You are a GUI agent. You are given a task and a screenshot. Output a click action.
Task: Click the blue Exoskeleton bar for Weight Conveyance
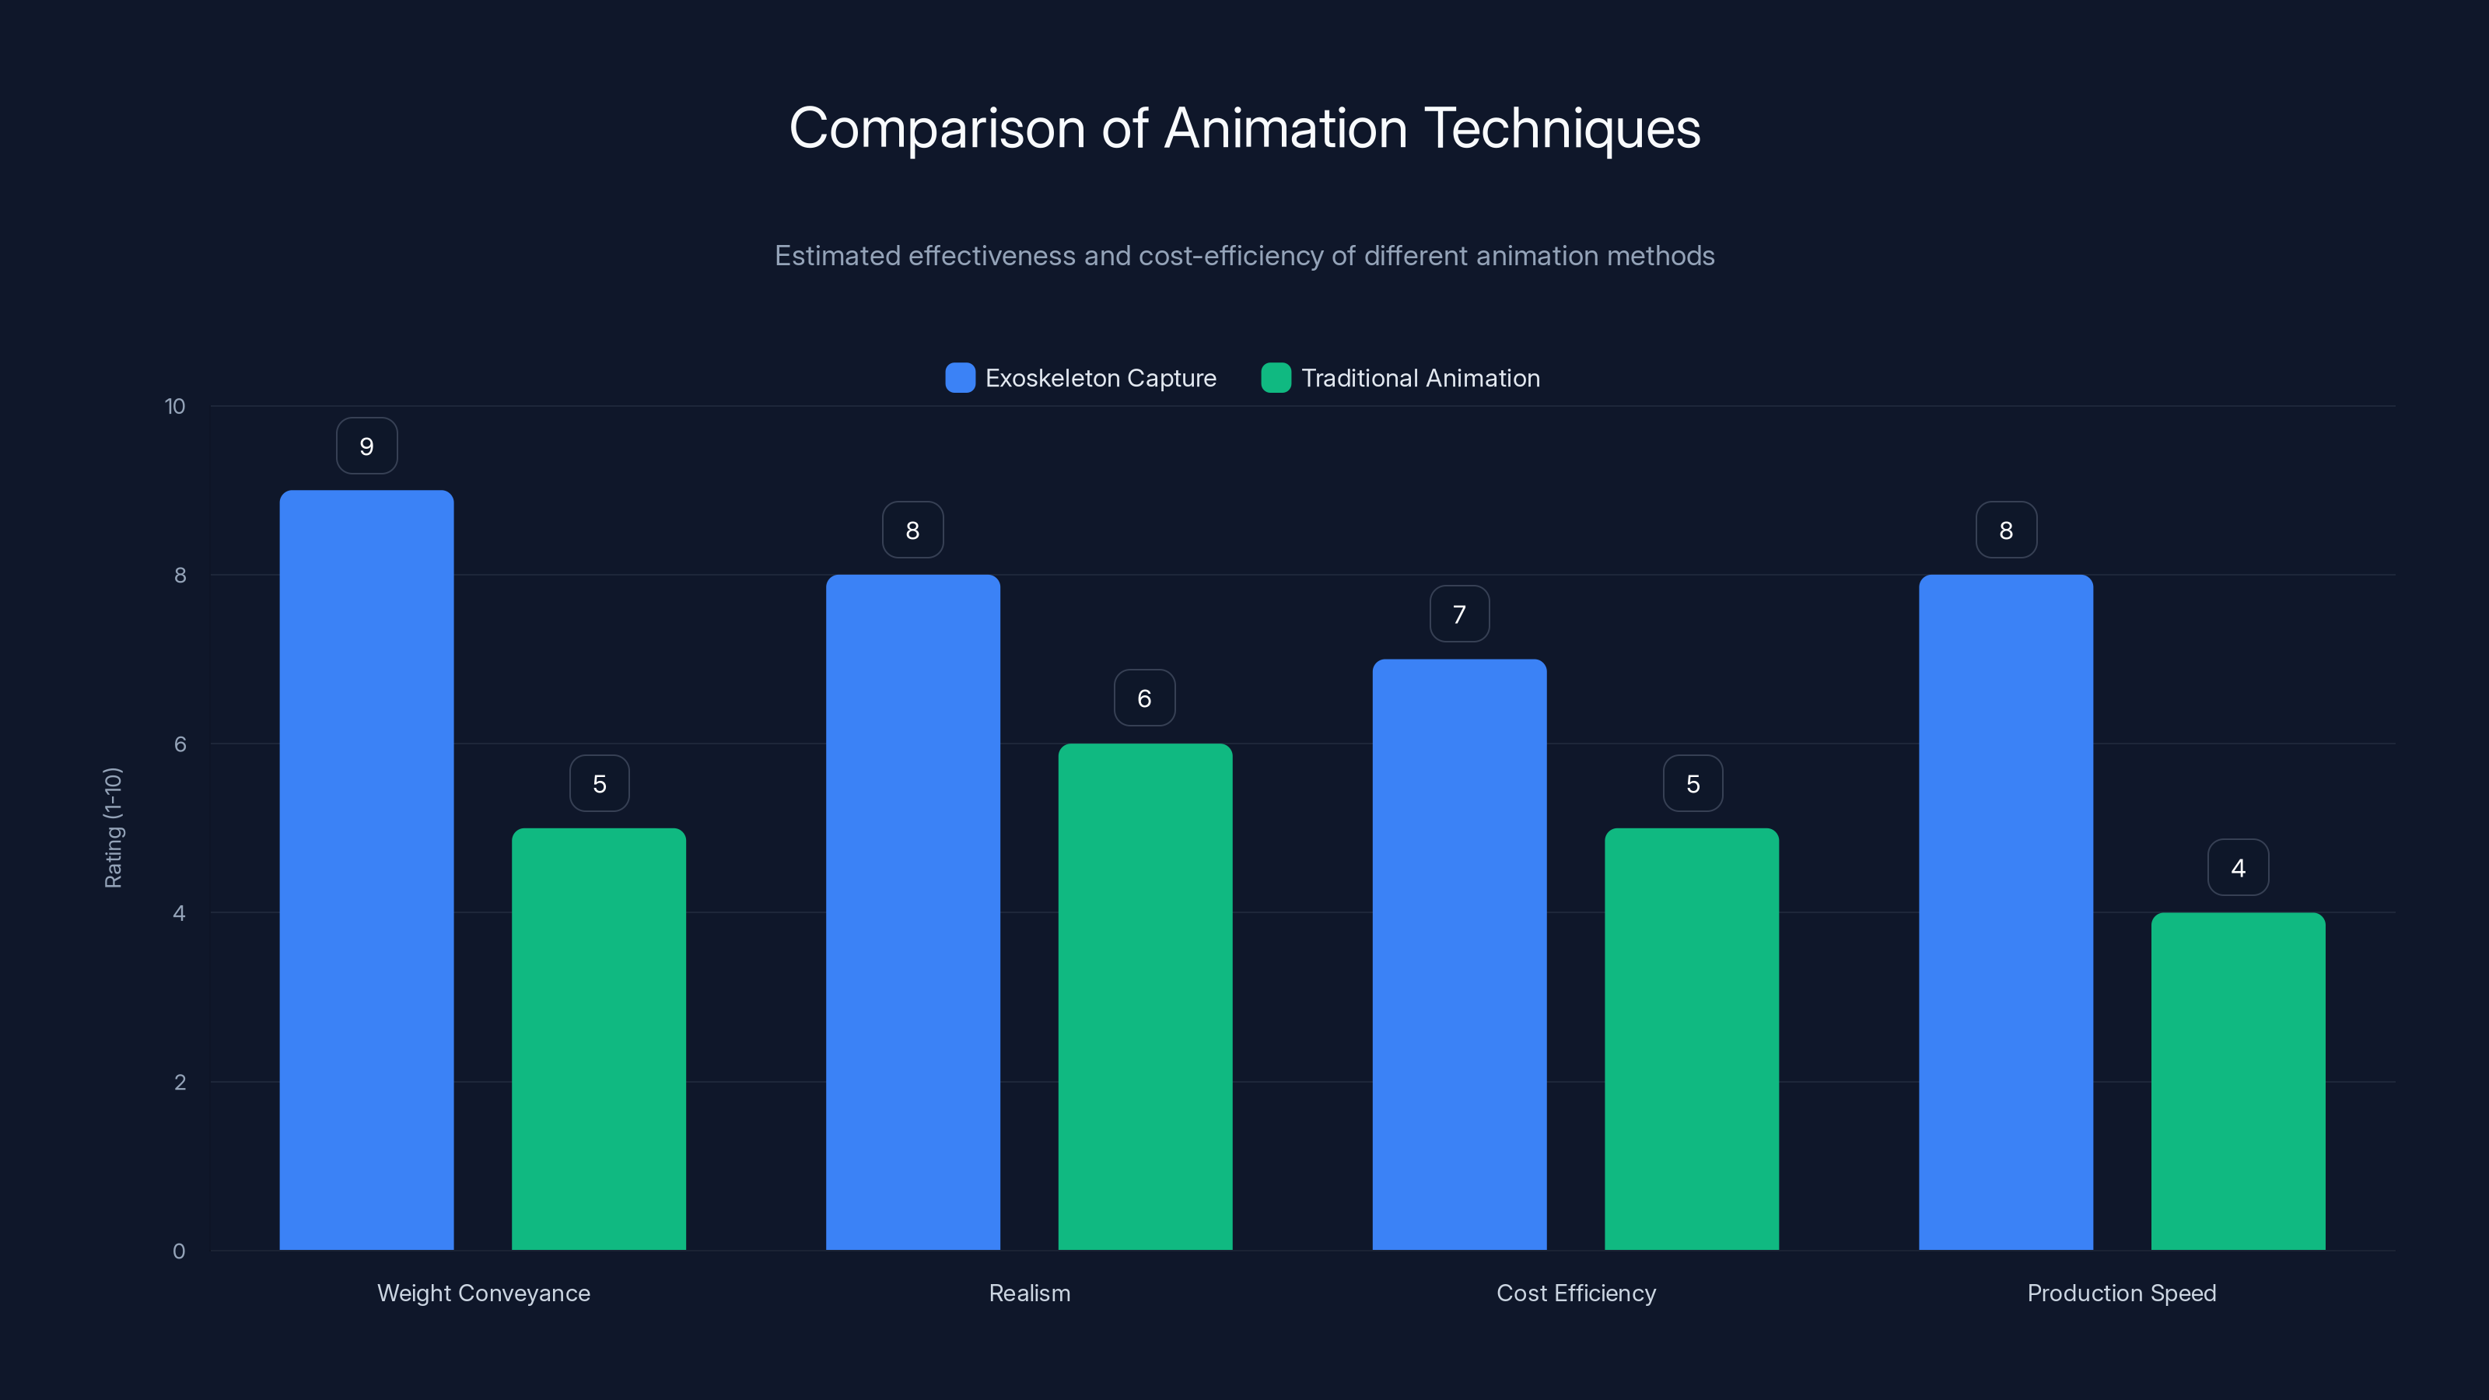366,870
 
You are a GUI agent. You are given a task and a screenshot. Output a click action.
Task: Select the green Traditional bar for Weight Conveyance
598,1038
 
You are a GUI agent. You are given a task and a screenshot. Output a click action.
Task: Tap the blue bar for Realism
912,912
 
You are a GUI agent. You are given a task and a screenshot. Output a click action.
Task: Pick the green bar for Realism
1145,996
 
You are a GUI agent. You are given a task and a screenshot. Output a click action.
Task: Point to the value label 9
366,446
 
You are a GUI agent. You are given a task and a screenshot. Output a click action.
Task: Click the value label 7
1459,614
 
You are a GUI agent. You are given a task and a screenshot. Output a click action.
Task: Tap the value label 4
2238,868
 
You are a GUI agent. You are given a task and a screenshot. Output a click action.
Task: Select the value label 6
1144,698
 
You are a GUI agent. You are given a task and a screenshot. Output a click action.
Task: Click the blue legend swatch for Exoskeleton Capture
960,378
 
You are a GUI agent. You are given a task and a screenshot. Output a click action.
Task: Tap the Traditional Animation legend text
1420,378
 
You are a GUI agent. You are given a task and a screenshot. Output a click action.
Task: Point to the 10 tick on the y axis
175,406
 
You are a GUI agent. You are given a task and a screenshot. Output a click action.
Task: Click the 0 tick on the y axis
179,1251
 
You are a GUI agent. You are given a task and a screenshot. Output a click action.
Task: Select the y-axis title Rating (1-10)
113,828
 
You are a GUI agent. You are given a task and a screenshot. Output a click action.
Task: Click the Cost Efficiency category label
1576,1293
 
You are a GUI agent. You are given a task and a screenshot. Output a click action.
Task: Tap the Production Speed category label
2121,1293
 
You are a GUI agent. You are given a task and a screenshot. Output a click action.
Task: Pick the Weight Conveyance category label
483,1293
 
